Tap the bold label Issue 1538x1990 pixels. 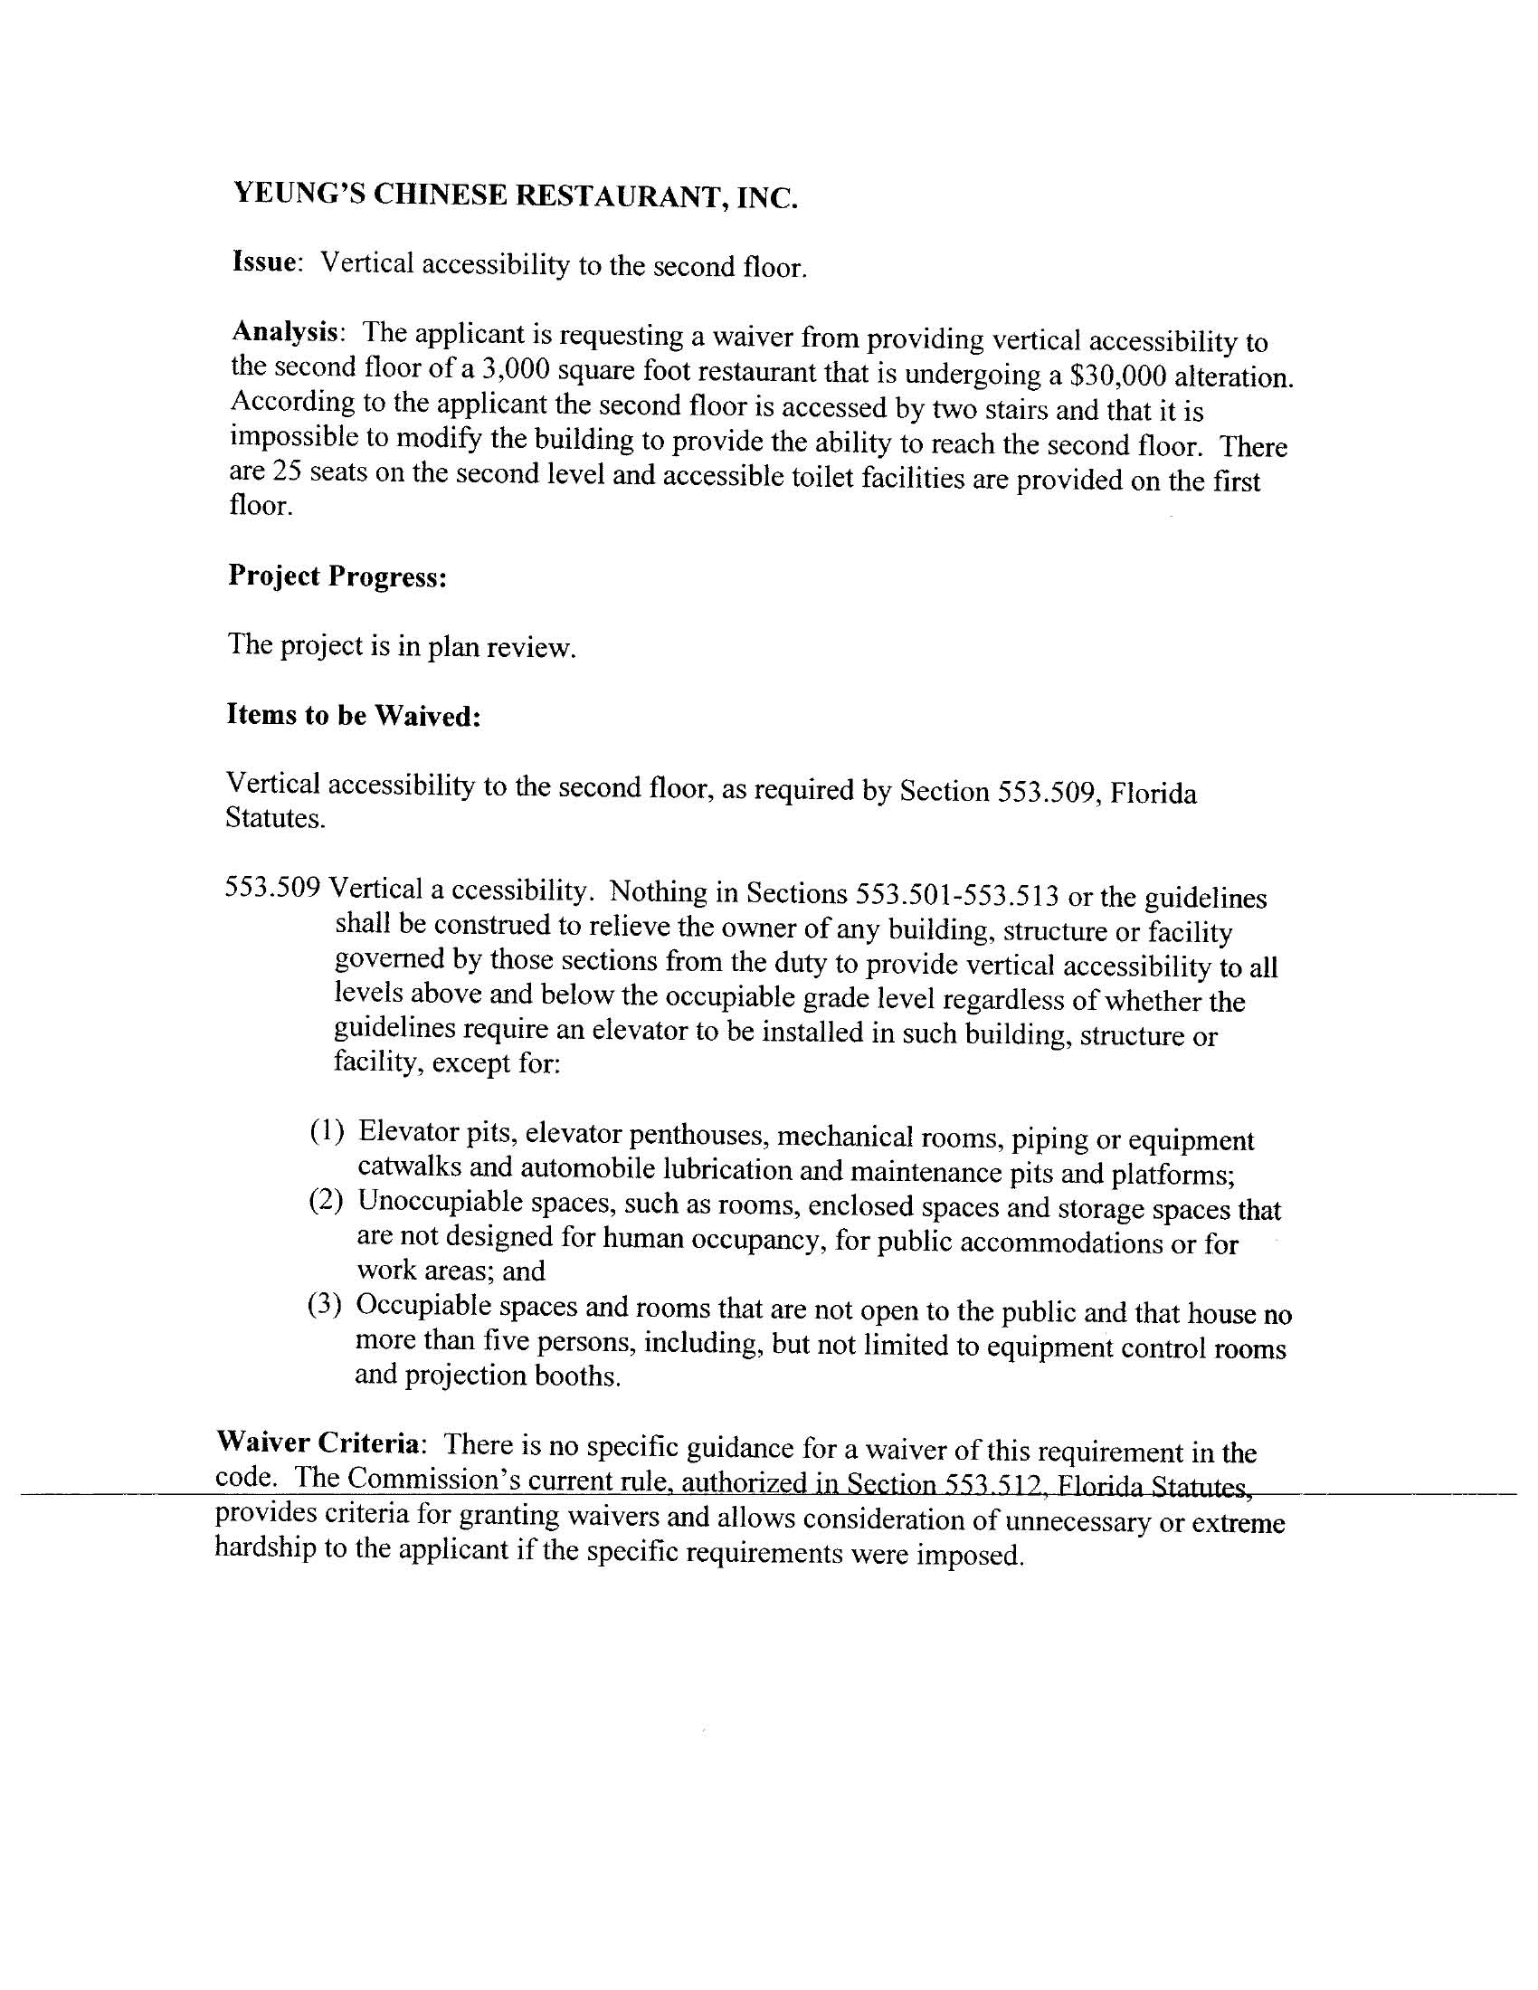(265, 262)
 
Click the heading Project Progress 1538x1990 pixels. (337, 576)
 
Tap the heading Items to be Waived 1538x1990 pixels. (354, 715)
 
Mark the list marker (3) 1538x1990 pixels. (325, 1306)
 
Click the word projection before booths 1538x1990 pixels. (466, 1375)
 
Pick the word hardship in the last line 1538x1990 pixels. (264, 1548)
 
